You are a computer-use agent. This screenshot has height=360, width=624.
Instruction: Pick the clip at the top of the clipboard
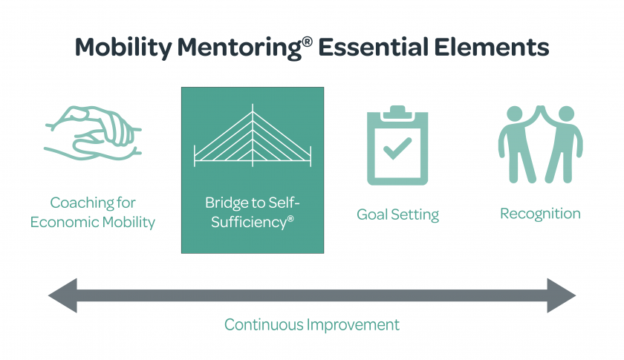[x=397, y=112]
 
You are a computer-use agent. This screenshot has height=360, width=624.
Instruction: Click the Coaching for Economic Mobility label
[x=92, y=212]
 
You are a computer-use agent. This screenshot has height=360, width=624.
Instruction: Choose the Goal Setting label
[x=397, y=215]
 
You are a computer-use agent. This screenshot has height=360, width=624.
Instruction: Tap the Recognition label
[x=540, y=214]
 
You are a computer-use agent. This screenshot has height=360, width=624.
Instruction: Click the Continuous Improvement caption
[x=312, y=324]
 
